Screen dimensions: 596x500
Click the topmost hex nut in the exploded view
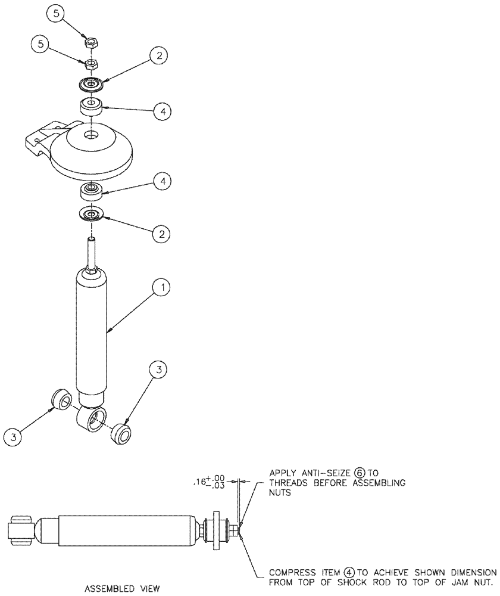coord(92,43)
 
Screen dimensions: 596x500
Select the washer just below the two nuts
coord(91,85)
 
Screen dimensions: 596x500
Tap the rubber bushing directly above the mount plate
coord(91,107)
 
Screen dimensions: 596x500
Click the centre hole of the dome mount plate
coord(91,136)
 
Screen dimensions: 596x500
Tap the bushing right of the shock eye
coord(122,432)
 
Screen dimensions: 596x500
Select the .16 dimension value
coord(201,483)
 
